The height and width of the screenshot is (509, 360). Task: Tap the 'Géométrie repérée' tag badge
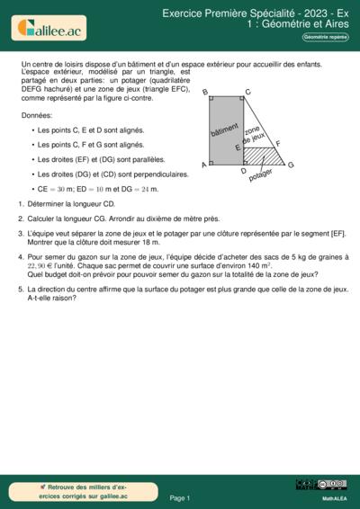[325, 37]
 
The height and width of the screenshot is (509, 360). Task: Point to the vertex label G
[291, 165]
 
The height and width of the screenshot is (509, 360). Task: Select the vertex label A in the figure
[204, 165]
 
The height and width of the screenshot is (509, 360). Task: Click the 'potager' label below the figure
[260, 175]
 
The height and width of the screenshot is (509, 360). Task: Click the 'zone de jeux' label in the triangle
[254, 136]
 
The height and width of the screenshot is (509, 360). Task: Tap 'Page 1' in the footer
[179, 497]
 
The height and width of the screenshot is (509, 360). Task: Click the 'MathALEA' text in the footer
[335, 496]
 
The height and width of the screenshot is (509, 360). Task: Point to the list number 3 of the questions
[20, 233]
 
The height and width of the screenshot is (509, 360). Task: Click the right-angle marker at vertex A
[212, 163]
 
